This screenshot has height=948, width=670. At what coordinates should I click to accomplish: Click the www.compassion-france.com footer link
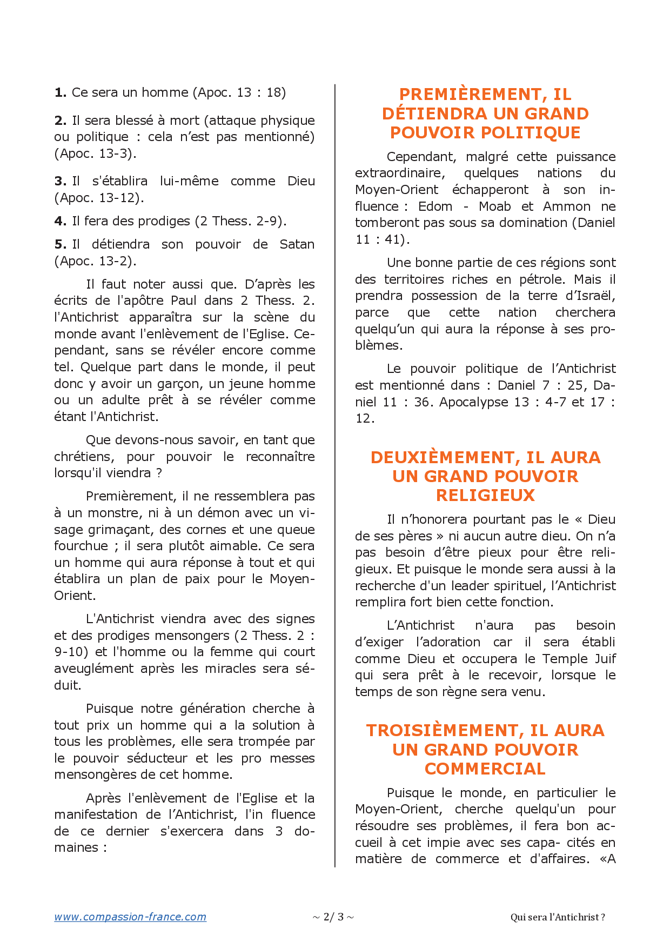pos(130,917)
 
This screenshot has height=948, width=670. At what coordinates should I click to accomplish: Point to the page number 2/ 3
pos(333,917)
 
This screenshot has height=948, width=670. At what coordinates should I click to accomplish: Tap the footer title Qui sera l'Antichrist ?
pos(558,917)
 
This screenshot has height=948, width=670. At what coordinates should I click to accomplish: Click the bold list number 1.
pos(60,92)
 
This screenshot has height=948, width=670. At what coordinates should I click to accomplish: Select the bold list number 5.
pos(60,244)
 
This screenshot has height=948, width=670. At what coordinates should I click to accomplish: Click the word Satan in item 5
pos(297,244)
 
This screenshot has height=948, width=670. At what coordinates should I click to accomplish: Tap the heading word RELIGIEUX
pos(485,495)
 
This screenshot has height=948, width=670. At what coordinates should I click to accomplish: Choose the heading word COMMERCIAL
pos(485,769)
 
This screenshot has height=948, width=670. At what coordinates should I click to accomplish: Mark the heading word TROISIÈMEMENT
pos(445,730)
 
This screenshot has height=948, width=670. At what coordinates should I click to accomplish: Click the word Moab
pos(494,206)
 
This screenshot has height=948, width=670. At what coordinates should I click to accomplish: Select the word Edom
pos(435,206)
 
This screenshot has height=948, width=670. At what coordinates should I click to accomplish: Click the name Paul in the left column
pos(184,301)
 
